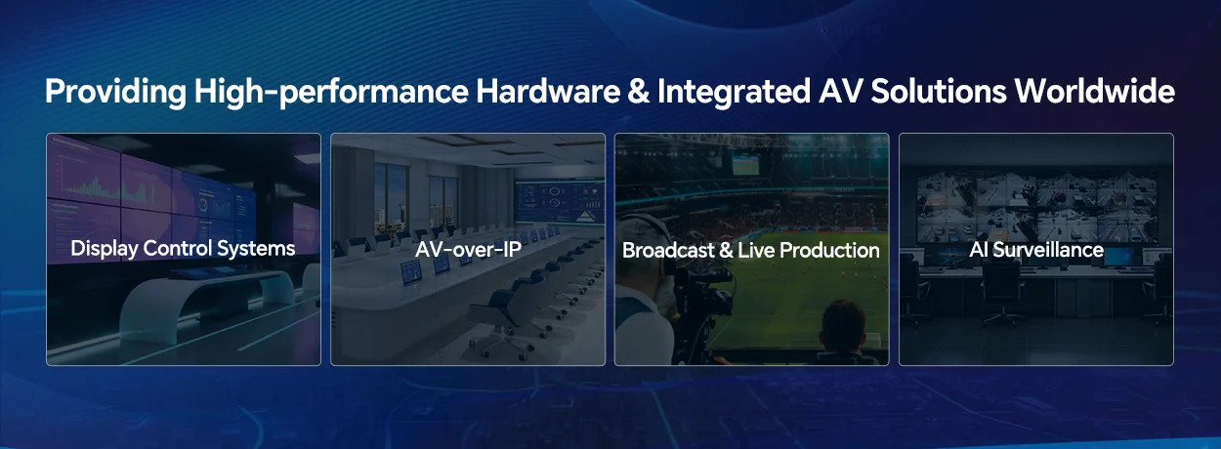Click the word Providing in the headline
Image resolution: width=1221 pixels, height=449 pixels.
[115, 93]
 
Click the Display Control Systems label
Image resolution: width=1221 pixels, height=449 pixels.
[183, 249]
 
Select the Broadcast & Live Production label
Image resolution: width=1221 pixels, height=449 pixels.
[751, 250]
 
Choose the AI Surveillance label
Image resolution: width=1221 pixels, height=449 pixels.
[1036, 250]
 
